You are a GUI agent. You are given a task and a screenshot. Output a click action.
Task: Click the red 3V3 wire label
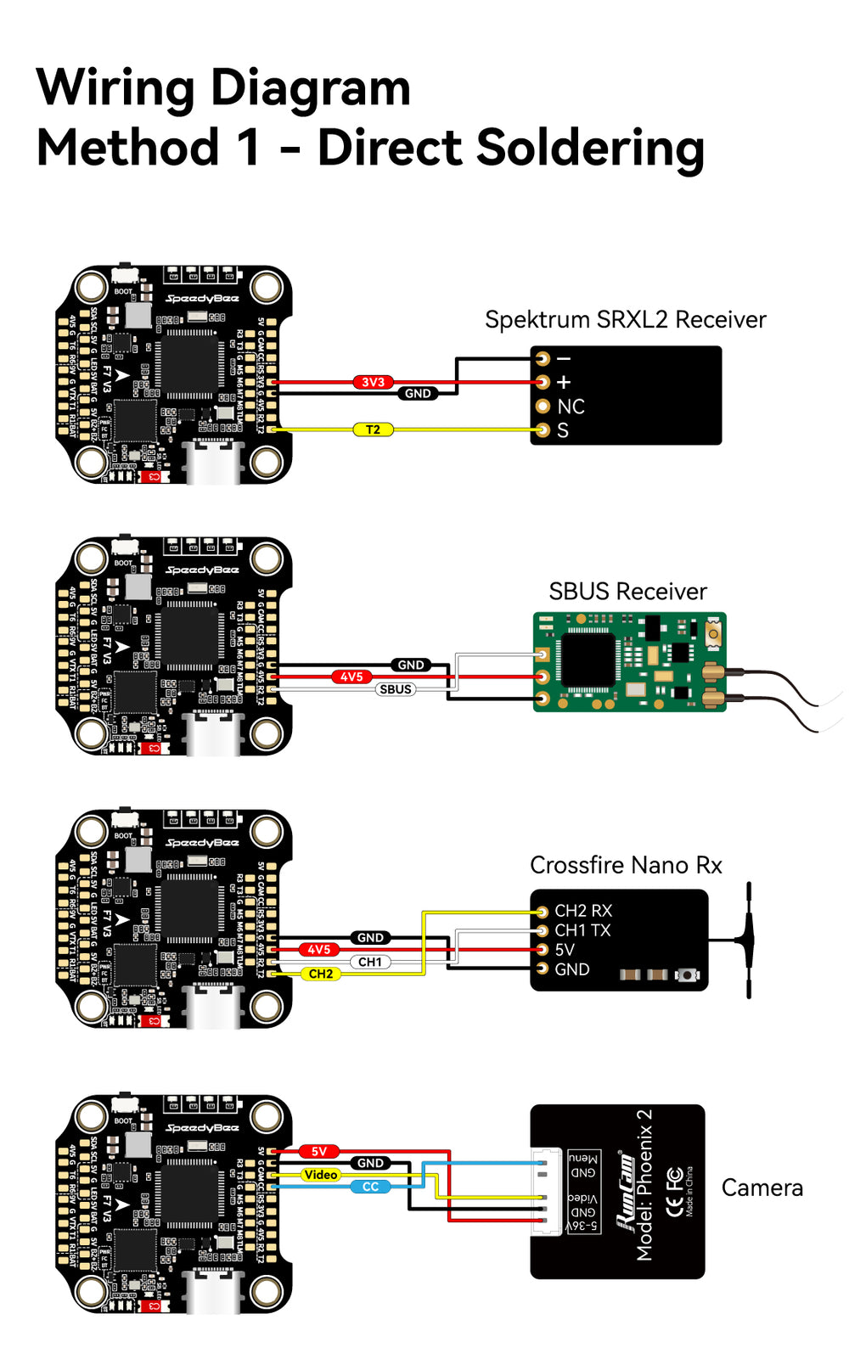[373, 382]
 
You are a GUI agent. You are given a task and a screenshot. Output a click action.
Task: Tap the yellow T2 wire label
[373, 430]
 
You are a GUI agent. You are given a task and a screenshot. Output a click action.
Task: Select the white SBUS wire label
[396, 689]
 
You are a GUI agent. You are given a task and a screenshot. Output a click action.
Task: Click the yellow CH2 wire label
[321, 974]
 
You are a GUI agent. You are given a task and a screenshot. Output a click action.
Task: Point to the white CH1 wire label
[370, 962]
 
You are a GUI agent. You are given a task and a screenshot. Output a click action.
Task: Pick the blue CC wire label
[371, 1187]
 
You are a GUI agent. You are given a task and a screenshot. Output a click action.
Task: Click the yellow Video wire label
[321, 1175]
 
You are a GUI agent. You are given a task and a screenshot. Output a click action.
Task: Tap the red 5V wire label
[319, 1152]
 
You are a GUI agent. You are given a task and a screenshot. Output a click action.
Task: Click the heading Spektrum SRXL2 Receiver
[625, 320]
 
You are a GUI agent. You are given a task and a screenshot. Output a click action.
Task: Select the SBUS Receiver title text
[627, 592]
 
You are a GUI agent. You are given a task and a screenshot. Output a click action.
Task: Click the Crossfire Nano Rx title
[626, 865]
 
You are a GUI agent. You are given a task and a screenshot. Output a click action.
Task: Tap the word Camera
[762, 1188]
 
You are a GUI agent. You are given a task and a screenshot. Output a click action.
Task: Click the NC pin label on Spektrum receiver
[571, 407]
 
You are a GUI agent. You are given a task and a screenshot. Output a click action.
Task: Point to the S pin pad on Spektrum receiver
[543, 430]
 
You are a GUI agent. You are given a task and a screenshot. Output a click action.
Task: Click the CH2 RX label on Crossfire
[582, 911]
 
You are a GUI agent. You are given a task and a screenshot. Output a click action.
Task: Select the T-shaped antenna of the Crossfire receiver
[748, 940]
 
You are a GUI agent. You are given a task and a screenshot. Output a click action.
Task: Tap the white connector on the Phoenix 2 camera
[548, 1192]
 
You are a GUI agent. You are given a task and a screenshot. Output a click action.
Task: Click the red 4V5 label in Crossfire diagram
[319, 950]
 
